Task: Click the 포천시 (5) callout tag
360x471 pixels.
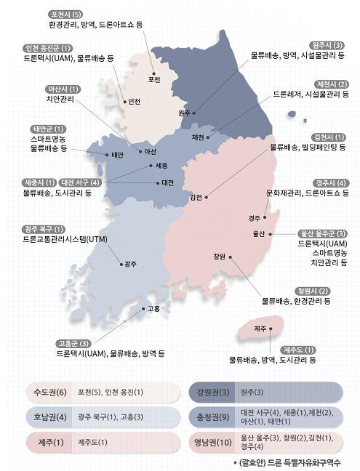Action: (x=65, y=14)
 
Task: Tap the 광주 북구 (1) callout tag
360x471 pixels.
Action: (x=45, y=229)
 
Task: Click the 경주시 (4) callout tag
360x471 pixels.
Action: (x=330, y=182)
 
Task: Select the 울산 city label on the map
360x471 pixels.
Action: (x=258, y=234)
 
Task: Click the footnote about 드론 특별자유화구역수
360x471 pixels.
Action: (x=287, y=463)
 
